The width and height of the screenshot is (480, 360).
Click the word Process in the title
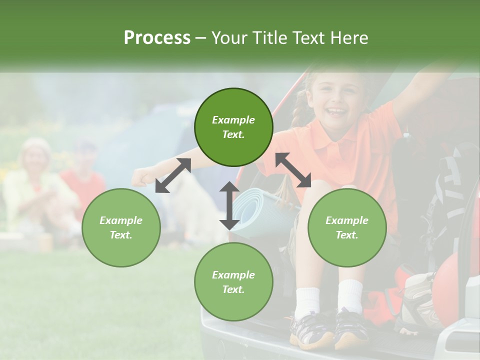[x=157, y=37]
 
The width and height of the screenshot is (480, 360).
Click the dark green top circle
[x=233, y=127]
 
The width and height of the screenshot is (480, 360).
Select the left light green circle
[x=121, y=227]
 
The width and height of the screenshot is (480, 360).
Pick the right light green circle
[x=347, y=227]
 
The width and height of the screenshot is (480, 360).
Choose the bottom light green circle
[x=233, y=282]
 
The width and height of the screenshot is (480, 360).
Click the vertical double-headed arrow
[x=229, y=205]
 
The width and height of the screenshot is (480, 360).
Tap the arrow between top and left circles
[x=173, y=175]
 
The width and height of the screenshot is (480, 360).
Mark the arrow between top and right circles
[x=293, y=170]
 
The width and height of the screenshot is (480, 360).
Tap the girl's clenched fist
[x=140, y=177]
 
